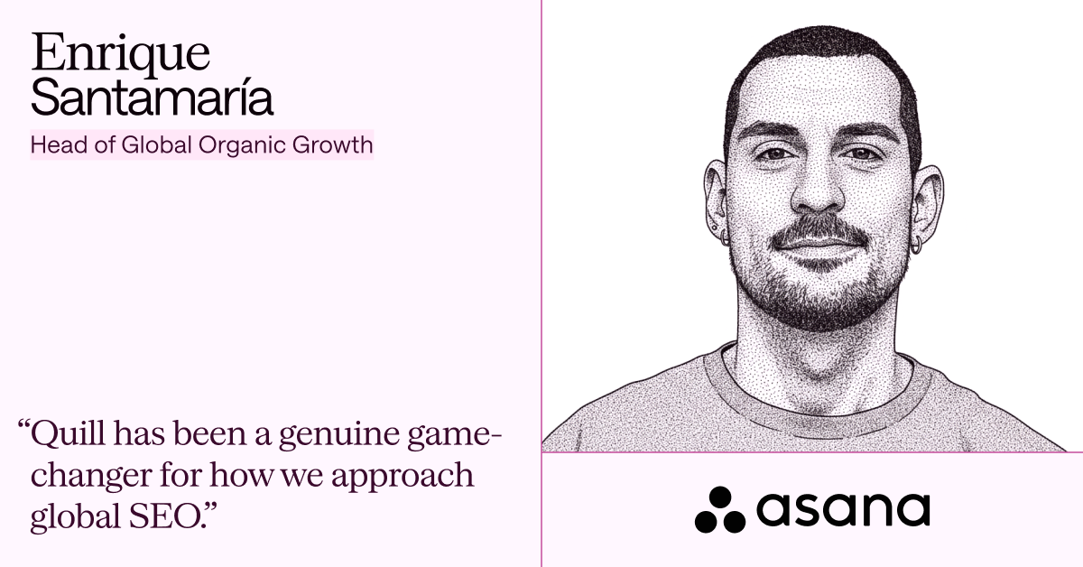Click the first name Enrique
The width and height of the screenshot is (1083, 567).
point(120,54)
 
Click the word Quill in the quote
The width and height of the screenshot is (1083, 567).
point(67,434)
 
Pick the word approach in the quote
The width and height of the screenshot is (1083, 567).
point(403,476)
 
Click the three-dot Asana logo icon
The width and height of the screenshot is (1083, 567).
point(720,510)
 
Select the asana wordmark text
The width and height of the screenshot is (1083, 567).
point(843,510)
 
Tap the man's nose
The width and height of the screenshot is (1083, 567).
point(818,189)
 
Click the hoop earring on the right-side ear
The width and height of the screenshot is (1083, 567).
point(916,246)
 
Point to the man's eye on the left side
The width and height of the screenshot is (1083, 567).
point(775,153)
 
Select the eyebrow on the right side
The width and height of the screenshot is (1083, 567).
point(865,131)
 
